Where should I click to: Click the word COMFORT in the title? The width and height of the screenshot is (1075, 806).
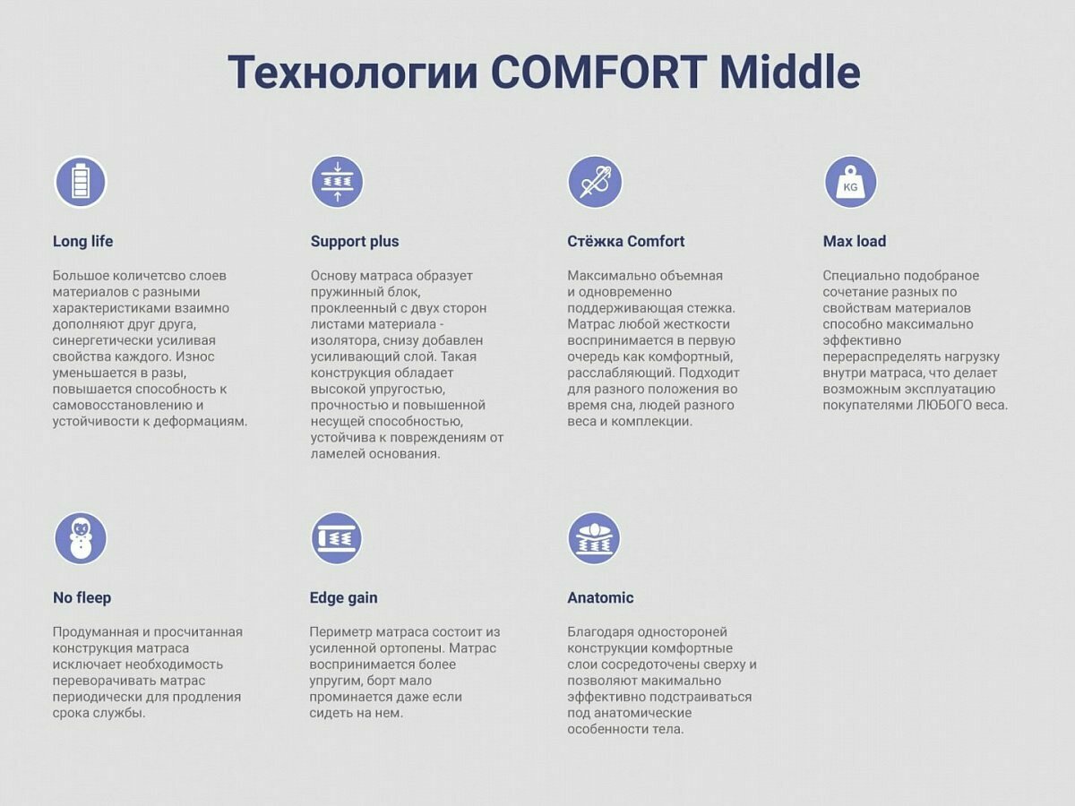598,73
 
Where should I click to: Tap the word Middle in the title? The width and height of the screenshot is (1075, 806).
790,73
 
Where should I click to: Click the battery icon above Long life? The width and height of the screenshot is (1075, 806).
81,182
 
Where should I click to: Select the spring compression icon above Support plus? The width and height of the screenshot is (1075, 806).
338,182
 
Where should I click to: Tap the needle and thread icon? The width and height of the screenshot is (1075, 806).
595,182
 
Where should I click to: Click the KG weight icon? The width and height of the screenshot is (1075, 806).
851,182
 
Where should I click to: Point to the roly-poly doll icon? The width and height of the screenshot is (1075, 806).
81,538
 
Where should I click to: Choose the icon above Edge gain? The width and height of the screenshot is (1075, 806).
337,538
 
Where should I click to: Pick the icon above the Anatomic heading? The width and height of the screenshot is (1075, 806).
594,538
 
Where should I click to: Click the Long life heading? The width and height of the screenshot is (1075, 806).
82,241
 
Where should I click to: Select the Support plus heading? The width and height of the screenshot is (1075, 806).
355,242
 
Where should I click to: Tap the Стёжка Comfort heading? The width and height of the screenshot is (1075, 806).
626,241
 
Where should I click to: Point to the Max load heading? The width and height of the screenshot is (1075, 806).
855,241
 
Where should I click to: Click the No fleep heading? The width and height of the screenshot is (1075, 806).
82,597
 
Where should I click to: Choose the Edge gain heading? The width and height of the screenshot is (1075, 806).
343,598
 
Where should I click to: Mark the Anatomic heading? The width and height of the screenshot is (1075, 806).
600,597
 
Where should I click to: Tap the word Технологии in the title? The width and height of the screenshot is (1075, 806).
353,73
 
